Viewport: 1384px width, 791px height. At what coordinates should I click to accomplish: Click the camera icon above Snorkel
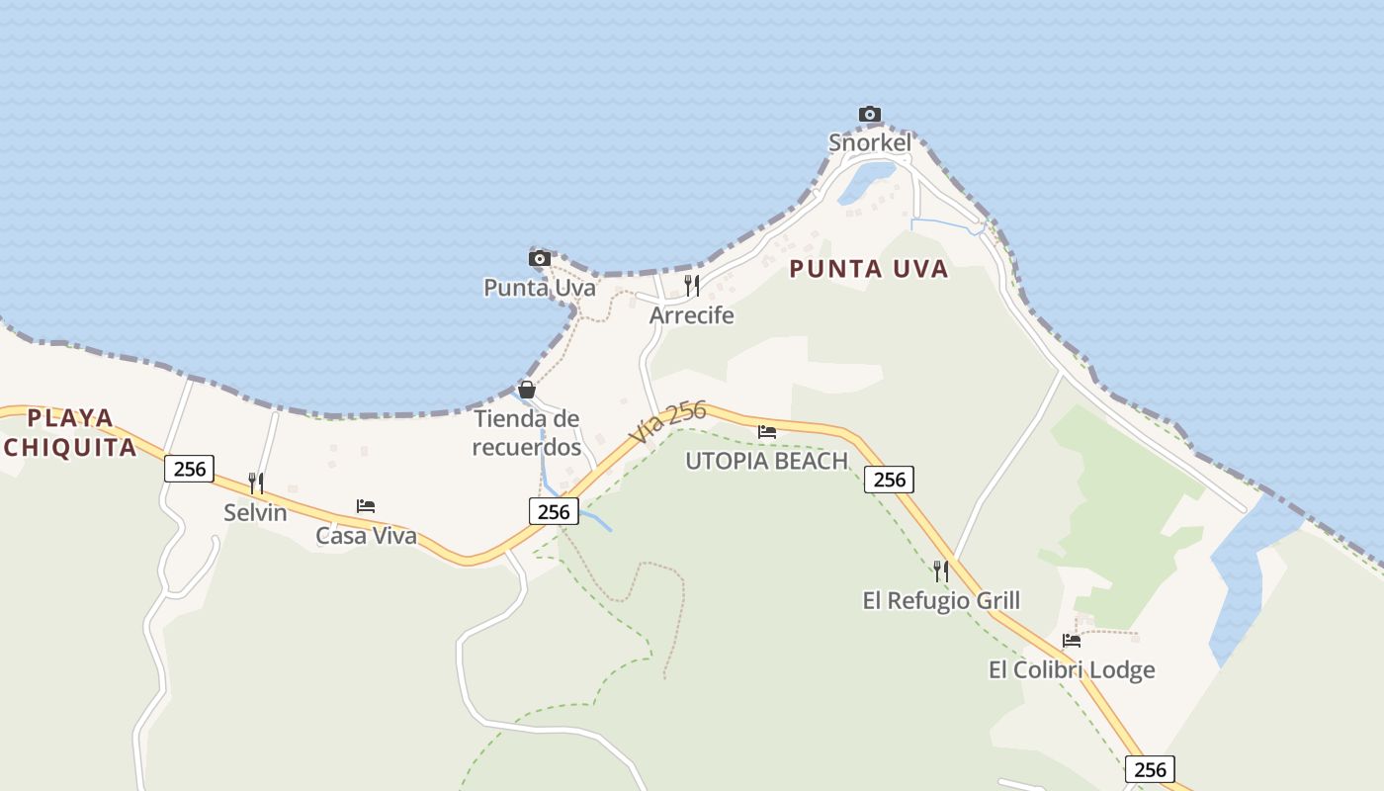click(870, 115)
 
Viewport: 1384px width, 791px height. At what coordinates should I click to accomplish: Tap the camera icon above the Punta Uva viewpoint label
click(540, 259)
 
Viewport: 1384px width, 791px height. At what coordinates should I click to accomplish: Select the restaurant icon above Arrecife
click(692, 286)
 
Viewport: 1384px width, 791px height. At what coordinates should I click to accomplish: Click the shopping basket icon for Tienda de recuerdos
click(527, 390)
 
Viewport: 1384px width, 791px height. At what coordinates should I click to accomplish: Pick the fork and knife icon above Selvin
click(255, 483)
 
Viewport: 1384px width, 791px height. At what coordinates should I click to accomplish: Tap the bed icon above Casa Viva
click(366, 506)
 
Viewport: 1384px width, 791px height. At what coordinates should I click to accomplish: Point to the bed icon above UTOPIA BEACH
click(767, 431)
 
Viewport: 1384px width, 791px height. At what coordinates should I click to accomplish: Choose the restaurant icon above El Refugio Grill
click(941, 571)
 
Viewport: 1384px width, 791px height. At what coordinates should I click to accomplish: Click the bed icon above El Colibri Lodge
click(1072, 640)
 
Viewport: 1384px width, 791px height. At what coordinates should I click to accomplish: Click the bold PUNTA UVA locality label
click(869, 269)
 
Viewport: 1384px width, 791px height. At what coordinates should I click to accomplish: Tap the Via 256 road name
click(667, 422)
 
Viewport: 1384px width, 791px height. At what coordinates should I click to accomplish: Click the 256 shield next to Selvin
click(189, 469)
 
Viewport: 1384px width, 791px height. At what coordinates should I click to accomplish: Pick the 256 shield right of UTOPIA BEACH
click(889, 480)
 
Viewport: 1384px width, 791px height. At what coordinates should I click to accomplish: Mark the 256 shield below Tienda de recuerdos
click(554, 510)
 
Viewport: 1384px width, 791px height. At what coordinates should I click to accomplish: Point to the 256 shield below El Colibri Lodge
click(1150, 769)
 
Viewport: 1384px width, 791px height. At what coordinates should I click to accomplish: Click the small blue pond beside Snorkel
click(867, 182)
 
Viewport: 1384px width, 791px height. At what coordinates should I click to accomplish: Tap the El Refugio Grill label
click(941, 600)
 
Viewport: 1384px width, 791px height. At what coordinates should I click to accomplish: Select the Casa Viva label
click(366, 536)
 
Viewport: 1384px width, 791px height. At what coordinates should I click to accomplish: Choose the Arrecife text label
click(692, 315)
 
